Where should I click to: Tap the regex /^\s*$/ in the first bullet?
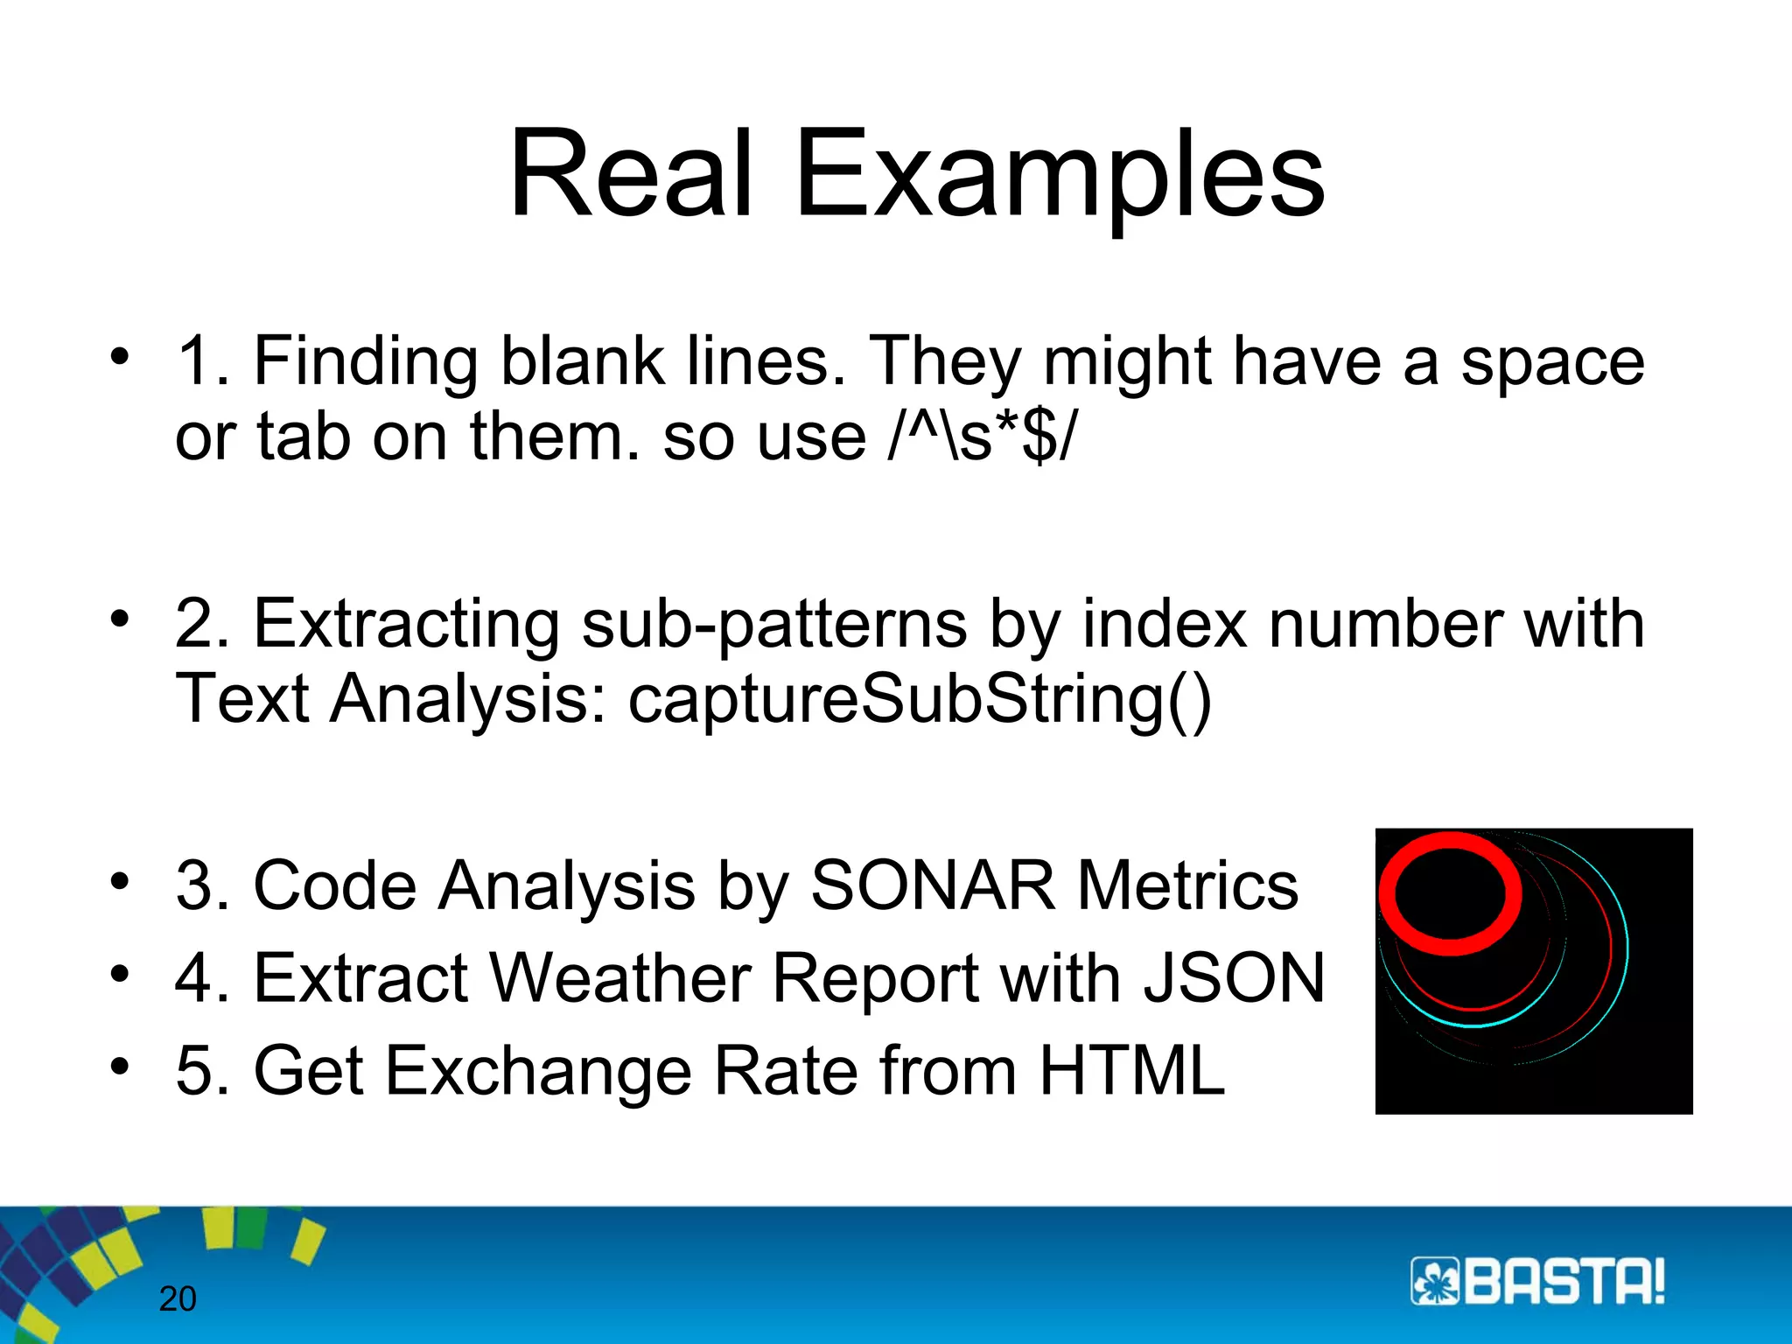(x=982, y=436)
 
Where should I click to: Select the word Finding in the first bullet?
(x=365, y=361)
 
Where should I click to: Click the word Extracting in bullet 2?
(x=405, y=623)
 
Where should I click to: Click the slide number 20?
(x=178, y=1299)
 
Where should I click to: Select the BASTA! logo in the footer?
(x=1536, y=1282)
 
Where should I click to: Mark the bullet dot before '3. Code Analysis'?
(x=120, y=879)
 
